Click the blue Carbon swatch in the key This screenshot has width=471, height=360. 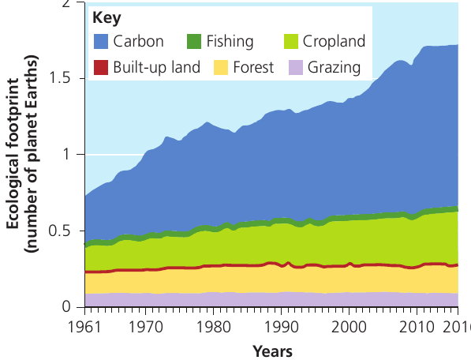point(101,42)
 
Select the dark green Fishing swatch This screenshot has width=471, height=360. point(194,42)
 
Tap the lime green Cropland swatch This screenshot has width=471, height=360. point(291,42)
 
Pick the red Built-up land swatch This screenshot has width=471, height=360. point(101,67)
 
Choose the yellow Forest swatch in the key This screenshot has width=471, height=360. point(221,67)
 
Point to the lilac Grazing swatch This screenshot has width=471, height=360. point(296,67)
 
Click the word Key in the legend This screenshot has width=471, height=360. point(107,19)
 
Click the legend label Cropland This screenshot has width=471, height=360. point(334,42)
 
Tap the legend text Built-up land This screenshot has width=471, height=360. point(156,67)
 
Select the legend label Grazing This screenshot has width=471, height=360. point(334,68)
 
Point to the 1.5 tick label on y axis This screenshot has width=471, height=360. point(60,78)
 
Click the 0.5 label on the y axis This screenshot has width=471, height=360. point(60,231)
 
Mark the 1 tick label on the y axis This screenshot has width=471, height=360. point(67,155)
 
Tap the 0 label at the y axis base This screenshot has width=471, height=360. point(67,306)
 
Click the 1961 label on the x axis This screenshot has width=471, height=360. point(84,327)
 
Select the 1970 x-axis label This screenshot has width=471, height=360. point(145,327)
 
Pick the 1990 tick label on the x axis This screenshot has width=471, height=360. point(281,327)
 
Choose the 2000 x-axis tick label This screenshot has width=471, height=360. point(349,327)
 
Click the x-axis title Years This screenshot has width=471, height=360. point(272,351)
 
